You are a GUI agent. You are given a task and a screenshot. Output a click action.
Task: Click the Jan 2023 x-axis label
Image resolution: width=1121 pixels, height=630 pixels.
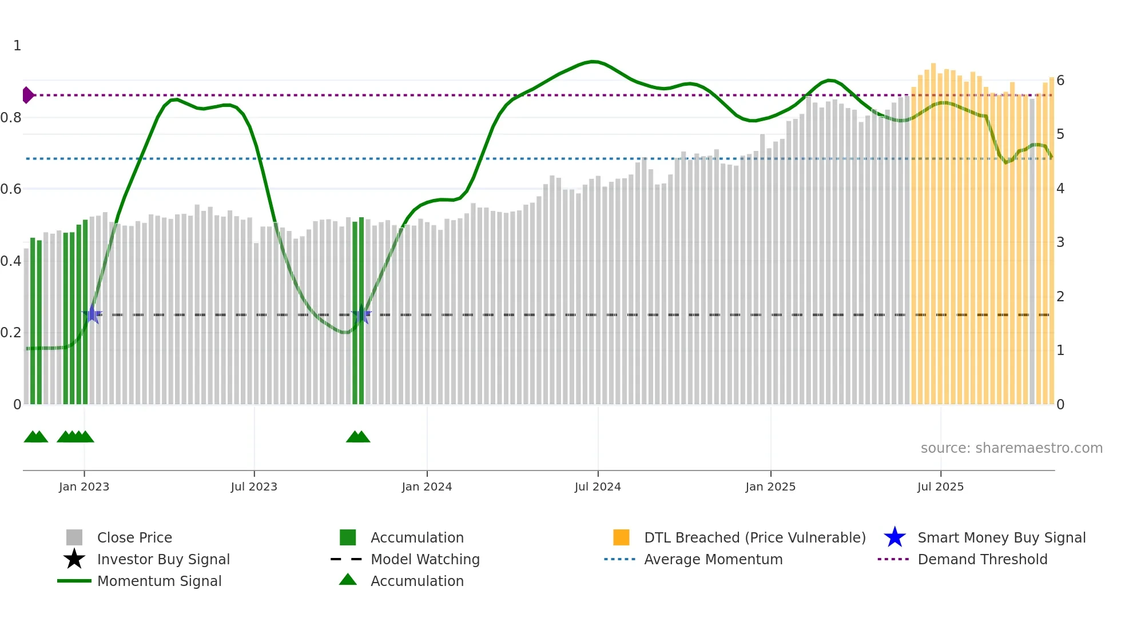pyautogui.click(x=84, y=487)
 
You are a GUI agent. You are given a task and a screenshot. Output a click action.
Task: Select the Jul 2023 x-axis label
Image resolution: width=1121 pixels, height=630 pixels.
pyautogui.click(x=254, y=487)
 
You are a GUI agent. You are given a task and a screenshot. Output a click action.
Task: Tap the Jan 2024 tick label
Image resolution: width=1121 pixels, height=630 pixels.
pyautogui.click(x=427, y=487)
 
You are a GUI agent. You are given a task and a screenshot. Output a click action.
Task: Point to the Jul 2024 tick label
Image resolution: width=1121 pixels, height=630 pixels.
pyautogui.click(x=598, y=487)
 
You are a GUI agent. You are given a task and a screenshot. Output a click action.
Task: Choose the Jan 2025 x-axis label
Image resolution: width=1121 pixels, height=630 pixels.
pyautogui.click(x=770, y=487)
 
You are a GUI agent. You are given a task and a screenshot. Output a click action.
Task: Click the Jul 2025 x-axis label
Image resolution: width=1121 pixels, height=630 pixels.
pyautogui.click(x=940, y=487)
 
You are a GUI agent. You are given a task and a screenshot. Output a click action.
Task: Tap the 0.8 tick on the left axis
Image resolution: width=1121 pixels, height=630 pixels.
pyautogui.click(x=11, y=118)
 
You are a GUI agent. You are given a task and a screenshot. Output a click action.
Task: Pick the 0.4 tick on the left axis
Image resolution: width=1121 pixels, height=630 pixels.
pyautogui.click(x=11, y=261)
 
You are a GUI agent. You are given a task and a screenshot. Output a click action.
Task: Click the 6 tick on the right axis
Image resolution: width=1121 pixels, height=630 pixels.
pyautogui.click(x=1060, y=81)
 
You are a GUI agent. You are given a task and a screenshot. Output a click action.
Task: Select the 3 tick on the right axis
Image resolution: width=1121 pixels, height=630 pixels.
pyautogui.click(x=1060, y=242)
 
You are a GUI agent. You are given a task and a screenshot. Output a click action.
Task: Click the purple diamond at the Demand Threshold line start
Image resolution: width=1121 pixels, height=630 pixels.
pyautogui.click(x=27, y=95)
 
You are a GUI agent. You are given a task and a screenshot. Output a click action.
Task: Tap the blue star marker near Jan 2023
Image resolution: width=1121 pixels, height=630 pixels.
pyautogui.click(x=92, y=314)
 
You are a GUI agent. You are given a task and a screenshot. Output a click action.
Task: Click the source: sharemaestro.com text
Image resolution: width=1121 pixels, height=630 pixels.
pyautogui.click(x=1011, y=448)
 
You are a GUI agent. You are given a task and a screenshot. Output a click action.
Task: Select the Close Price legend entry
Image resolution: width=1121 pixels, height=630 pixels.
pyautogui.click(x=134, y=537)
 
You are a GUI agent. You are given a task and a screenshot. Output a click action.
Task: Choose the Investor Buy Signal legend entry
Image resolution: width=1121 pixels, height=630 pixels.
pyautogui.click(x=163, y=559)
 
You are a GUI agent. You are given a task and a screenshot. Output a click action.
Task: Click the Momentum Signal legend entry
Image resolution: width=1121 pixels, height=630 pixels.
pyautogui.click(x=159, y=581)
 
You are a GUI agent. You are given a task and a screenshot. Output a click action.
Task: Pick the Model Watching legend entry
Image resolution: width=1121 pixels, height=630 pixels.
pyautogui.click(x=425, y=559)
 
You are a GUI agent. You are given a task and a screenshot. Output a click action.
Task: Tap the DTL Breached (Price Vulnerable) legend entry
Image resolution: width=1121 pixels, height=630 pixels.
pyautogui.click(x=754, y=537)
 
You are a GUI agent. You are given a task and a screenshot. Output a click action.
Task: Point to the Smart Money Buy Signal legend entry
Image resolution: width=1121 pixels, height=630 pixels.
pyautogui.click(x=1001, y=537)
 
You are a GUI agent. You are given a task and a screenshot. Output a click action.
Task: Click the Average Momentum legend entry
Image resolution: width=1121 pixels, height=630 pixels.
pyautogui.click(x=713, y=559)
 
